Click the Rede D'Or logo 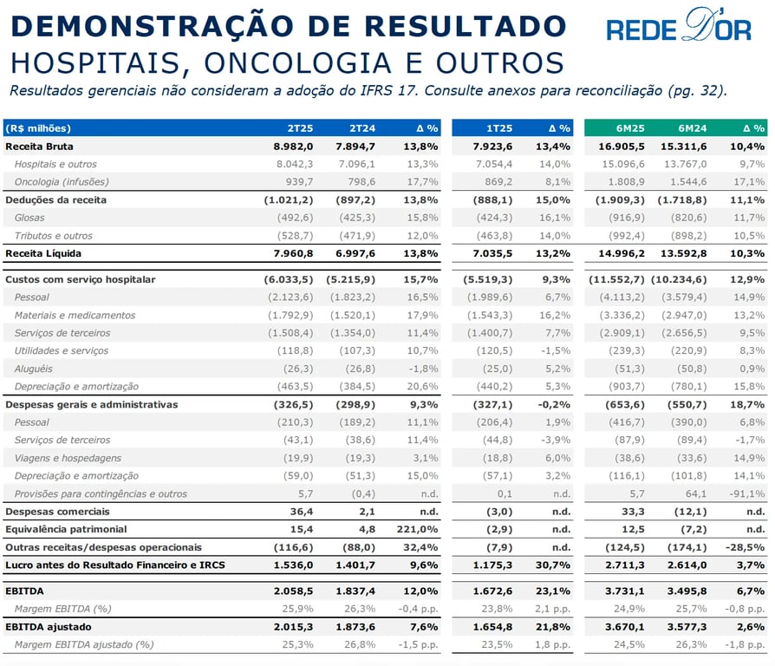click(x=679, y=25)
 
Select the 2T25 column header click(x=300, y=128)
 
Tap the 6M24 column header click(x=692, y=128)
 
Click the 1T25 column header click(x=499, y=128)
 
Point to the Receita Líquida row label click(x=43, y=253)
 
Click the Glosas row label click(x=29, y=218)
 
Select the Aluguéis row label click(x=33, y=369)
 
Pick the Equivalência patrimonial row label click(x=66, y=530)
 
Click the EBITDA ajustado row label click(x=48, y=627)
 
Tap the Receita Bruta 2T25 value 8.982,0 click(x=293, y=147)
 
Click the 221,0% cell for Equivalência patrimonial click(x=417, y=530)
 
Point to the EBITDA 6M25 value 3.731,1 click(x=625, y=591)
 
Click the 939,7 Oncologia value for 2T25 click(x=299, y=182)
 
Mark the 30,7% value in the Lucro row click(x=552, y=565)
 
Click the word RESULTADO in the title click(x=466, y=26)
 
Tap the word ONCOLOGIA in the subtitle click(x=297, y=63)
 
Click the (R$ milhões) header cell click(x=38, y=128)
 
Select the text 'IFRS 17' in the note click(x=389, y=91)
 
